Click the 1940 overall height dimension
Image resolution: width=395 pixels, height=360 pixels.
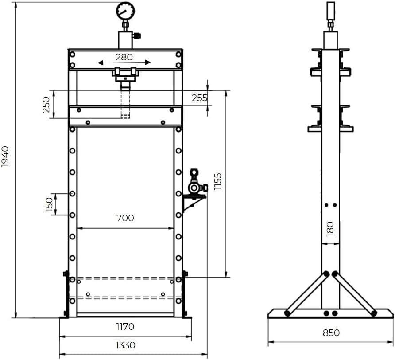[5, 157]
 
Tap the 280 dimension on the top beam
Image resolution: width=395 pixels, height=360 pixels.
[124, 57]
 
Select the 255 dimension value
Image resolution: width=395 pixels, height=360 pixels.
[200, 98]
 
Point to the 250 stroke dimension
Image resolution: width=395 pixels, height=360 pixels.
[46, 105]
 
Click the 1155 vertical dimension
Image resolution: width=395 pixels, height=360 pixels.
[217, 181]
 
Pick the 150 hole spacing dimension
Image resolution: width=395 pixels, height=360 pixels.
[49, 204]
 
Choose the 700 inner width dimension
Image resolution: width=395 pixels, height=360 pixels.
[125, 218]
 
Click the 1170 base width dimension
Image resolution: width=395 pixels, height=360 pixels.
[125, 327]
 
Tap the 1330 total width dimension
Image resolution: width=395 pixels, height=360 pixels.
[125, 345]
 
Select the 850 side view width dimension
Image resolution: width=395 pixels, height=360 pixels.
[331, 333]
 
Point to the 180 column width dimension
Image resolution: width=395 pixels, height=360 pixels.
[330, 229]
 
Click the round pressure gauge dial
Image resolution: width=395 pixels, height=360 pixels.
[125, 11]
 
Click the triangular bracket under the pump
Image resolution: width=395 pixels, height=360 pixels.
[194, 203]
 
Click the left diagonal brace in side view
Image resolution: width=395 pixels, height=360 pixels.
[307, 293]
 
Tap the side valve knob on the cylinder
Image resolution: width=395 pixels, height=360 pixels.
[137, 35]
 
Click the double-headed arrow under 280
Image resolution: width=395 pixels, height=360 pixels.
[124, 63]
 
